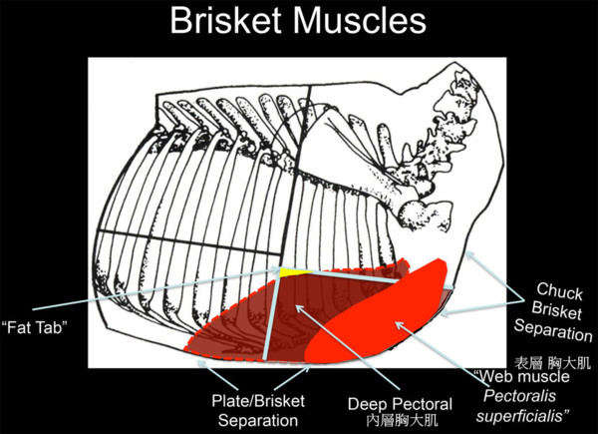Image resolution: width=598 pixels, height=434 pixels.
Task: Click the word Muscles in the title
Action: (360, 20)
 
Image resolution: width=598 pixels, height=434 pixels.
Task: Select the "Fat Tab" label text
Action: (35, 327)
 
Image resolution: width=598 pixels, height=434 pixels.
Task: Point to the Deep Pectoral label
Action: (400, 404)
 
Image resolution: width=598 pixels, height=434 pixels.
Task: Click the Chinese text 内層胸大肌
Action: (402, 420)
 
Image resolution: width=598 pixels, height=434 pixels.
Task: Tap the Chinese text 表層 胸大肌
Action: (552, 362)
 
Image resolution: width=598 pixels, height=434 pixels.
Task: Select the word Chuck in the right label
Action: (559, 291)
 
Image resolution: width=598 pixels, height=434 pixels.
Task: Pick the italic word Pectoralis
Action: (519, 396)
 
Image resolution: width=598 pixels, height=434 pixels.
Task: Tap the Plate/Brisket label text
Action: (258, 401)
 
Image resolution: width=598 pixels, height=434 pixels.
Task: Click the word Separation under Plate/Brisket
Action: (258, 420)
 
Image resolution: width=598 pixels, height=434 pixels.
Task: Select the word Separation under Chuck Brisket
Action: (552, 330)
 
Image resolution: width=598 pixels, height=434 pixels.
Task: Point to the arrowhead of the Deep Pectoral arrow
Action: (299, 308)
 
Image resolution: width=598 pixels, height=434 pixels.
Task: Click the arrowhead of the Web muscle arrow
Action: (399, 325)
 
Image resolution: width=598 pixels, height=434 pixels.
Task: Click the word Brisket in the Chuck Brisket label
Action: (556, 310)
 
